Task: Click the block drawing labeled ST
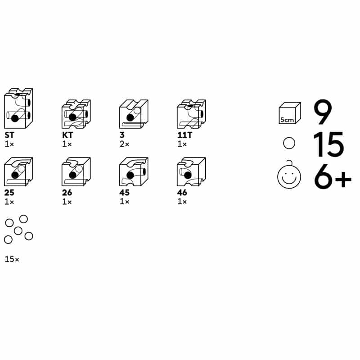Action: pos(18,108)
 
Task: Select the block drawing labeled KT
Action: pos(76,114)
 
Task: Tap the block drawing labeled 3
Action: pos(134,114)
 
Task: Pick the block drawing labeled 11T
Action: pos(192,114)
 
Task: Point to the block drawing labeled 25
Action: pos(18,171)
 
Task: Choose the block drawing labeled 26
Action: pos(76,171)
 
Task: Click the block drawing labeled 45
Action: pos(134,171)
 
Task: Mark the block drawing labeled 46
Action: pos(192,171)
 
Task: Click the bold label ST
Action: pos(9,135)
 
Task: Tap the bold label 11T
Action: pos(184,135)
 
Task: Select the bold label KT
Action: pos(67,135)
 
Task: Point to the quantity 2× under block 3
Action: pos(125,144)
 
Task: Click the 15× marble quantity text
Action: pos(12,259)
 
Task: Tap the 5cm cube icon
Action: pos(290,113)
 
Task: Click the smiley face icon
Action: pos(289,175)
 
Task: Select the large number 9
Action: pos(323,112)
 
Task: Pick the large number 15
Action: pos(328,144)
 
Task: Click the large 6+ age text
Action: pos(333,176)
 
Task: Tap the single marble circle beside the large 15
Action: pos(289,143)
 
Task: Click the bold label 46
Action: pos(182,193)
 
